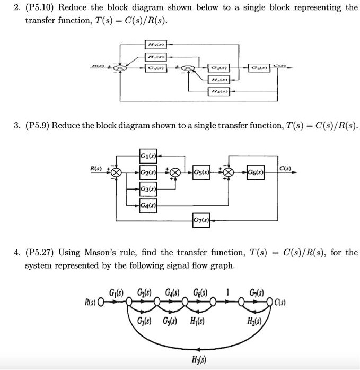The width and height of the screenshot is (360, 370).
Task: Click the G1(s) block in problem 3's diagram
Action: tap(148, 156)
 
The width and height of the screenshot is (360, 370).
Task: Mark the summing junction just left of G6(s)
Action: tap(229, 173)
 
